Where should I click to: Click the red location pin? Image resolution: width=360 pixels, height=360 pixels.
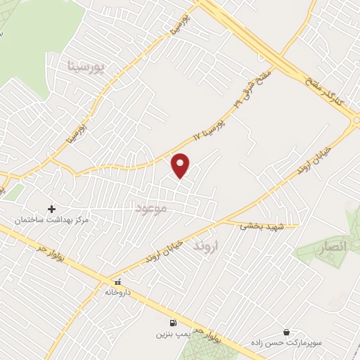pos(181,165)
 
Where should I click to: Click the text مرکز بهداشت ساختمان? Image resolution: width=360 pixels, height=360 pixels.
pos(54,221)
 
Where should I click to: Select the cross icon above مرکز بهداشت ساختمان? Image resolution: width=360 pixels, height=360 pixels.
pos(51,209)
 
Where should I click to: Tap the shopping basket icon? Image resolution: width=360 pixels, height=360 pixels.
pos(286,331)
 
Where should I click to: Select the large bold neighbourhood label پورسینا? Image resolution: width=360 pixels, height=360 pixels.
pos(88,67)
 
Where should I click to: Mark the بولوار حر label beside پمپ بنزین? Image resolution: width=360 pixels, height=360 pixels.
pos(208,335)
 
